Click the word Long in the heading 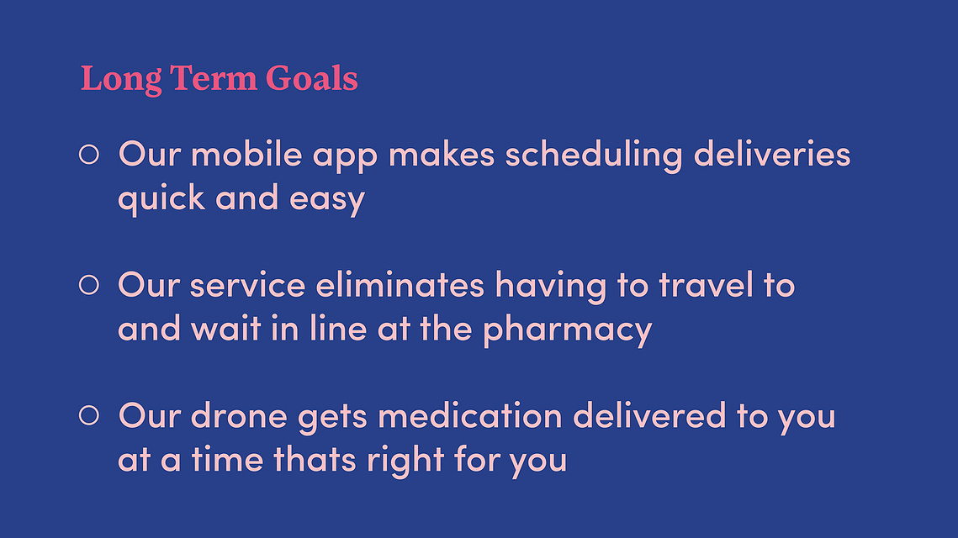point(121,79)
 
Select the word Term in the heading point(214,78)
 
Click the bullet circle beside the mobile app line point(88,154)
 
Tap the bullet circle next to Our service point(88,285)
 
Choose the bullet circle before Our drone point(88,415)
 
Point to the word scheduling point(593,156)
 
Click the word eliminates point(400,285)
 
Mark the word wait point(226,329)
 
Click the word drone point(239,415)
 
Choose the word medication point(469,415)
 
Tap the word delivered point(648,415)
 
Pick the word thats point(314,459)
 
